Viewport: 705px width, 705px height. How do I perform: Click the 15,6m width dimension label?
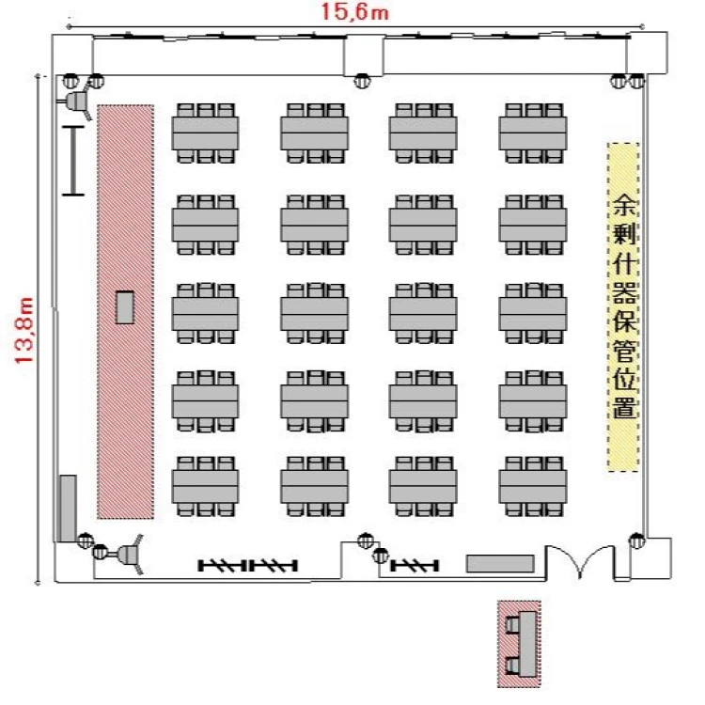click(x=354, y=11)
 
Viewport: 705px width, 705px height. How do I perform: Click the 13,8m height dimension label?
click(x=24, y=330)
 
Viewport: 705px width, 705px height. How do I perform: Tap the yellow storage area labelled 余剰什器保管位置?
click(x=623, y=307)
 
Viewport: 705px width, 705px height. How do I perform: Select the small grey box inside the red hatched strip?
click(x=125, y=307)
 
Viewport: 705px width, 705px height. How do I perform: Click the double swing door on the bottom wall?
click(x=580, y=562)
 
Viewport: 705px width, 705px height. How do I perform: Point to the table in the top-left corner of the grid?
click(x=205, y=133)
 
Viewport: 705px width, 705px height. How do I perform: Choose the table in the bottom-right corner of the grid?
click(x=533, y=486)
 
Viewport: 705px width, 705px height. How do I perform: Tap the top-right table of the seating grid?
click(x=533, y=133)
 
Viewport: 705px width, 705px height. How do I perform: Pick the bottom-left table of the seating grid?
click(x=205, y=486)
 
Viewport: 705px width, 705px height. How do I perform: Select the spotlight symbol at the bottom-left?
click(x=128, y=555)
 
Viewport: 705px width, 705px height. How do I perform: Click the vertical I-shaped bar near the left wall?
click(x=72, y=161)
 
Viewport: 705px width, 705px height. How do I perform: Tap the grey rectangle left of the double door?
click(x=500, y=563)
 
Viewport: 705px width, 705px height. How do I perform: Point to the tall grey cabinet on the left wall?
click(x=68, y=508)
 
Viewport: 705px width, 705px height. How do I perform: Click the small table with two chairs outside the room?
click(x=519, y=644)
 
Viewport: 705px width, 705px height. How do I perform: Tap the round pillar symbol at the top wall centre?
click(x=363, y=82)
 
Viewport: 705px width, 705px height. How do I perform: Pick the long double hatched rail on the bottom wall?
click(x=248, y=565)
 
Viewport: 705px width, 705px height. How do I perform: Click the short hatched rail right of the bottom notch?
click(x=415, y=565)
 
